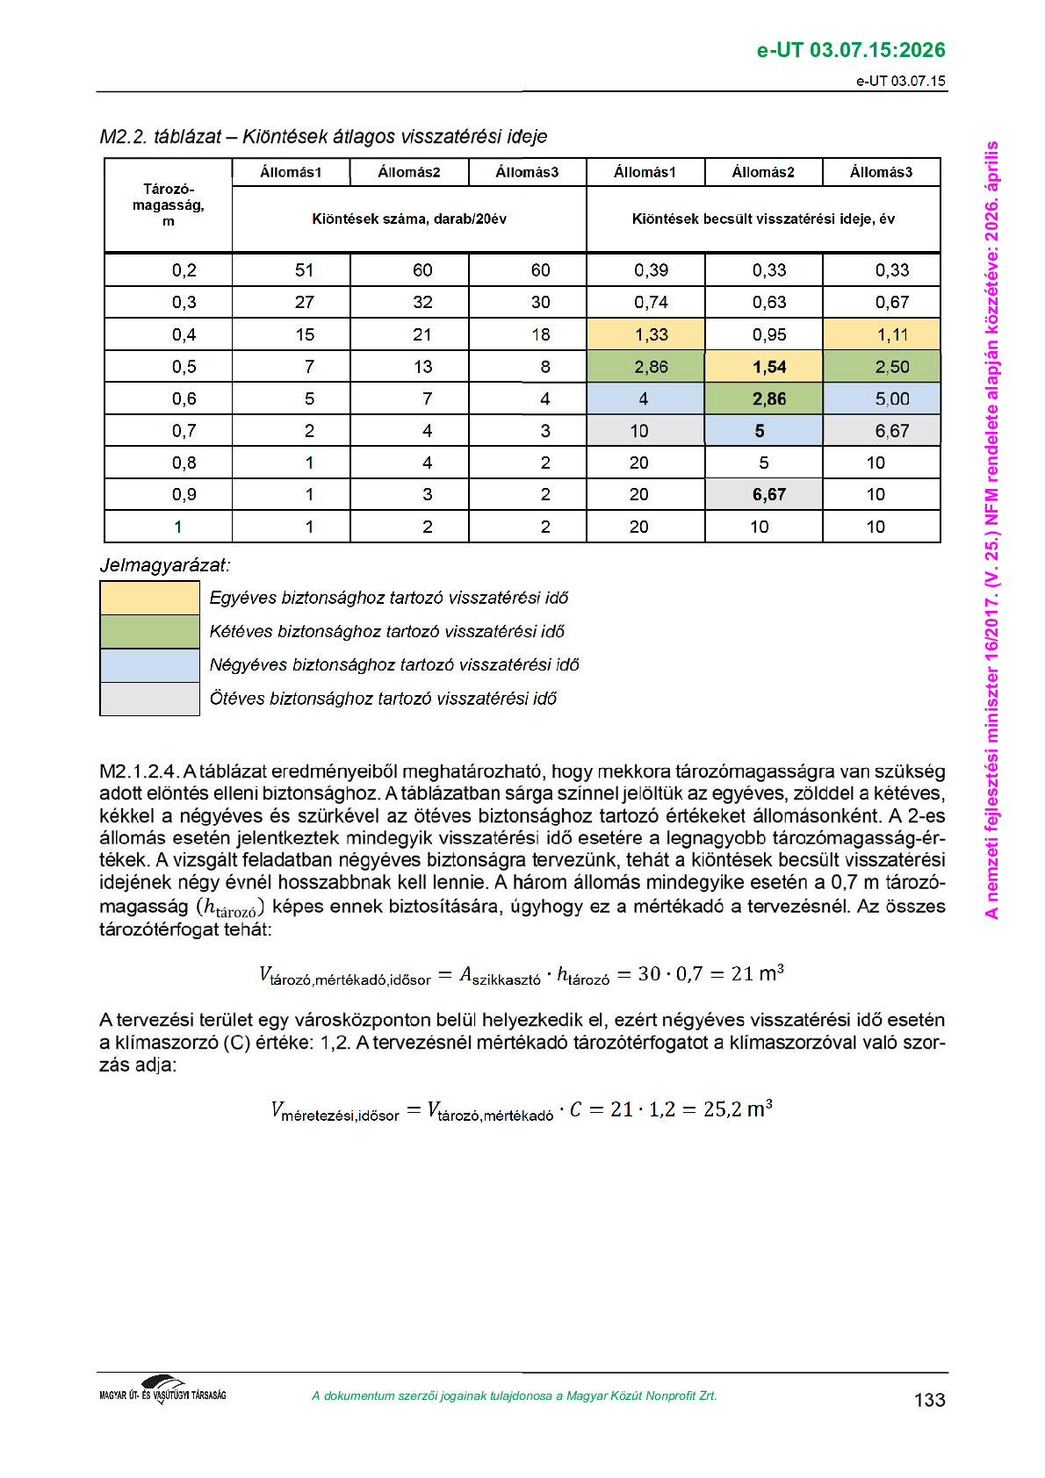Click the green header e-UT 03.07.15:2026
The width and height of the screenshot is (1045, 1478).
850,50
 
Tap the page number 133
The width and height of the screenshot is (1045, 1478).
929,1400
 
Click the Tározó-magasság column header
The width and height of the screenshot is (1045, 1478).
168,205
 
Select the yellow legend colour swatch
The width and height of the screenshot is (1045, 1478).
149,598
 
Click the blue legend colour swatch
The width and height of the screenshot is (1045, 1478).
149,665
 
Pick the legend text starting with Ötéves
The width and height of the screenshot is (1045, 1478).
383,699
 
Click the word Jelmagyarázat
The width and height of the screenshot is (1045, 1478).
164,565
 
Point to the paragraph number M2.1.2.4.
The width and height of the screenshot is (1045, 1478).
140,772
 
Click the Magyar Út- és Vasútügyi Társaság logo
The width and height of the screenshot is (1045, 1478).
163,1392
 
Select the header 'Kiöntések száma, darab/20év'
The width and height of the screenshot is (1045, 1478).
409,219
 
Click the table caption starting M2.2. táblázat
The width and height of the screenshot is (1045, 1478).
323,137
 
